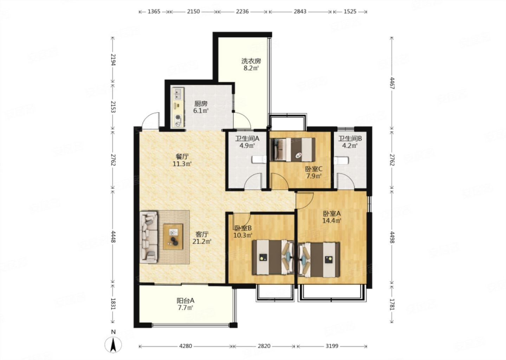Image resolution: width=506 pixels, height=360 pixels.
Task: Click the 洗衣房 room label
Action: tap(251, 61)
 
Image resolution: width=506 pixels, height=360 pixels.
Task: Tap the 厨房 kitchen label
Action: tap(201, 104)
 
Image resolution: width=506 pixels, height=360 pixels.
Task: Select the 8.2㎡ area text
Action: tap(251, 68)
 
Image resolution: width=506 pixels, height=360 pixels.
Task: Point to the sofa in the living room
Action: tap(149, 237)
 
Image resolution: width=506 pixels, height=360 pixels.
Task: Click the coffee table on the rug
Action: tap(173, 237)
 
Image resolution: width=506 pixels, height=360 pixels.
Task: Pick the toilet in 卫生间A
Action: tap(259, 159)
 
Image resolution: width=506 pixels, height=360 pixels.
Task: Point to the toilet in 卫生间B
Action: tap(341, 160)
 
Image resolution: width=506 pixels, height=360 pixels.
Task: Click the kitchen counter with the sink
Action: tap(179, 108)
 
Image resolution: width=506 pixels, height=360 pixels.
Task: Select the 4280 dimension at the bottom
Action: tap(186, 346)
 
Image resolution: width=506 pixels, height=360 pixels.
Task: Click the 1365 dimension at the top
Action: tap(154, 11)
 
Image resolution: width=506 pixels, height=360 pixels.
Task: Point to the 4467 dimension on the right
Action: tap(392, 83)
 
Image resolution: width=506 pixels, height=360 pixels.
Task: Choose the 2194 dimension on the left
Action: tap(113, 60)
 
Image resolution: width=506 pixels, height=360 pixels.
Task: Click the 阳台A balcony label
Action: tap(186, 301)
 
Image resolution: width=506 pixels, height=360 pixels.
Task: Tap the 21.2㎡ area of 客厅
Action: tap(202, 242)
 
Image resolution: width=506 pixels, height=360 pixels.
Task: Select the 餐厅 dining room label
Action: tap(182, 156)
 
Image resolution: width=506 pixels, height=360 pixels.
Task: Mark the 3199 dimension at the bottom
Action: tap(332, 346)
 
